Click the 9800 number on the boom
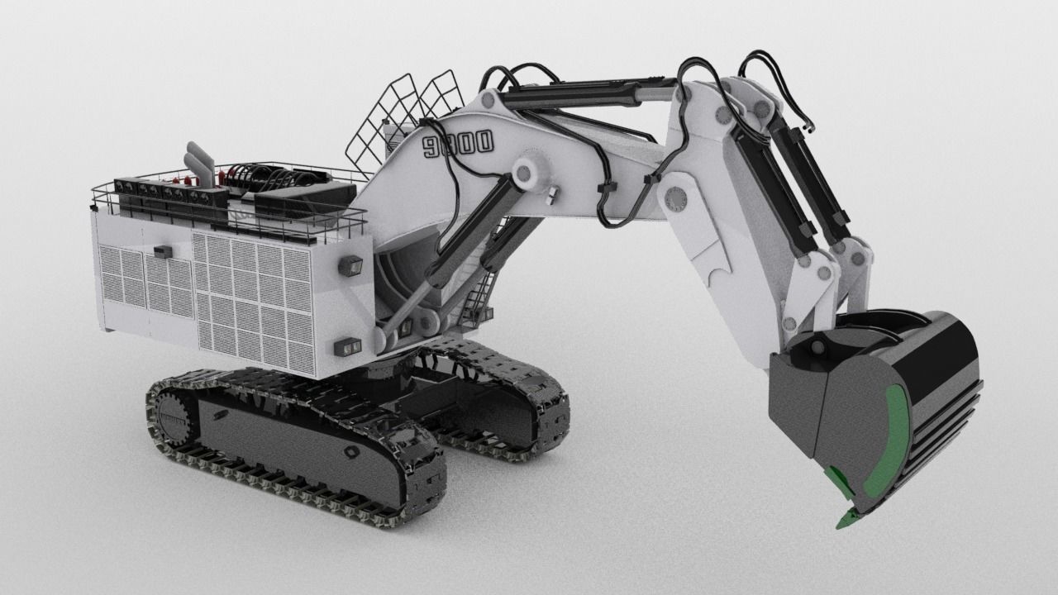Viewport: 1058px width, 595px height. tap(458, 144)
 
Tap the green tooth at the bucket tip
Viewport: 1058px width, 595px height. tap(847, 519)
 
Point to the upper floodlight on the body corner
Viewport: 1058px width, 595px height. tap(350, 265)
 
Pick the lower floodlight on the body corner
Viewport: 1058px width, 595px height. tap(348, 346)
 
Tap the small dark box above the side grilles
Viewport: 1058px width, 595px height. tap(163, 251)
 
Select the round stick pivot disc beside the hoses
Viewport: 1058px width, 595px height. tap(676, 198)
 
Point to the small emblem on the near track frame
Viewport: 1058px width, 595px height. tap(351, 453)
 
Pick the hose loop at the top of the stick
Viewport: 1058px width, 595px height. tap(777, 79)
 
